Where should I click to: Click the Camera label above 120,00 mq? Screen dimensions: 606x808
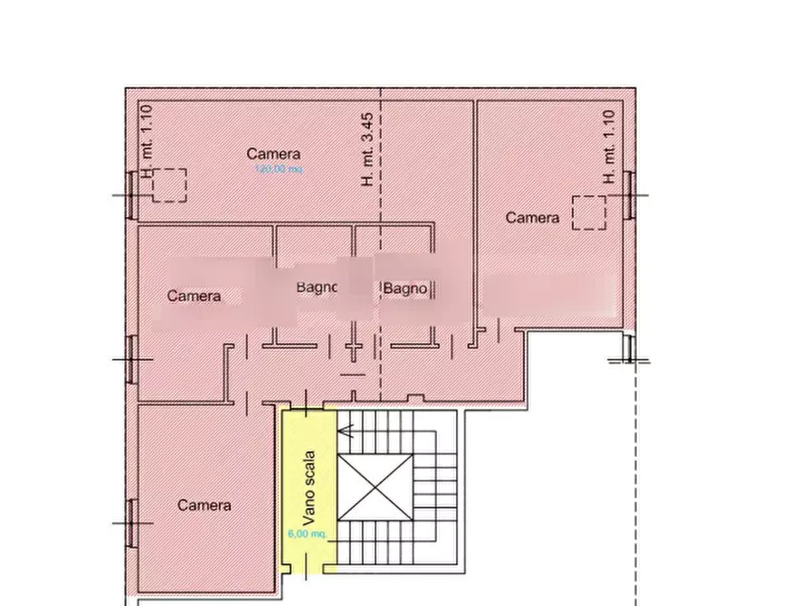[x=273, y=155]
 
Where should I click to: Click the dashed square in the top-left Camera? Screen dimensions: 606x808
[x=168, y=185]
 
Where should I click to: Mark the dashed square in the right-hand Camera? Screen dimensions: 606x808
[x=589, y=213]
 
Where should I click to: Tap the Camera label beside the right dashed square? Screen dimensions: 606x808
[x=532, y=218]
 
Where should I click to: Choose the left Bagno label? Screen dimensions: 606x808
[x=317, y=288]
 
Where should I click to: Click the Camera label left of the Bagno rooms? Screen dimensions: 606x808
[x=194, y=296]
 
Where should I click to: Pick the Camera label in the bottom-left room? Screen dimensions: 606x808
[x=204, y=506]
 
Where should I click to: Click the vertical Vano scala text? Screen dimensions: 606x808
[x=309, y=488]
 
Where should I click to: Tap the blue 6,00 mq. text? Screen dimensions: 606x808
[x=307, y=535]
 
